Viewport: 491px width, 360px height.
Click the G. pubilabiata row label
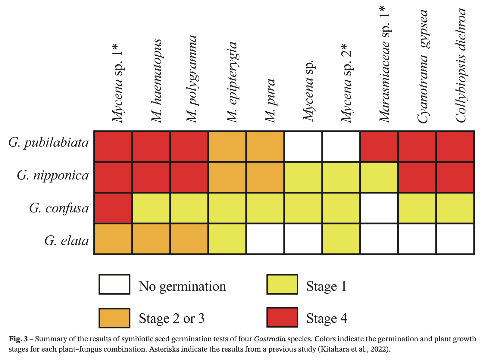48,143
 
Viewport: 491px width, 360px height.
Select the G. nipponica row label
53,175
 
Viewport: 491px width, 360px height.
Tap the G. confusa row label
59,208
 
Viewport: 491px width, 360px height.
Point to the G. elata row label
67,241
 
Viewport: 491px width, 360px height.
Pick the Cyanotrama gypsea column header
423,66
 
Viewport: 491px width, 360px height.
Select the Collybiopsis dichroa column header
461,65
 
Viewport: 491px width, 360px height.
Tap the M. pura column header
270,101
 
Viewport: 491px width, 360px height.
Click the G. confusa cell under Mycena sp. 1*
113,208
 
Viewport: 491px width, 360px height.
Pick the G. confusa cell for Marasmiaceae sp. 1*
379,208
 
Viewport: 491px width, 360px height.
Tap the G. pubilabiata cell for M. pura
265,147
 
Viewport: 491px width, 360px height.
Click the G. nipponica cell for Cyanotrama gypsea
417,177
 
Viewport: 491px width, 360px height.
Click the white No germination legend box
114,284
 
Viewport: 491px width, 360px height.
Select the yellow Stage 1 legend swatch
282,284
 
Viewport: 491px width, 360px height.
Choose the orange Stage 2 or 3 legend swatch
114,318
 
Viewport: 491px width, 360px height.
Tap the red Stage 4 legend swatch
282,317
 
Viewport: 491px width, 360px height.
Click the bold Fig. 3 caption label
18,339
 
